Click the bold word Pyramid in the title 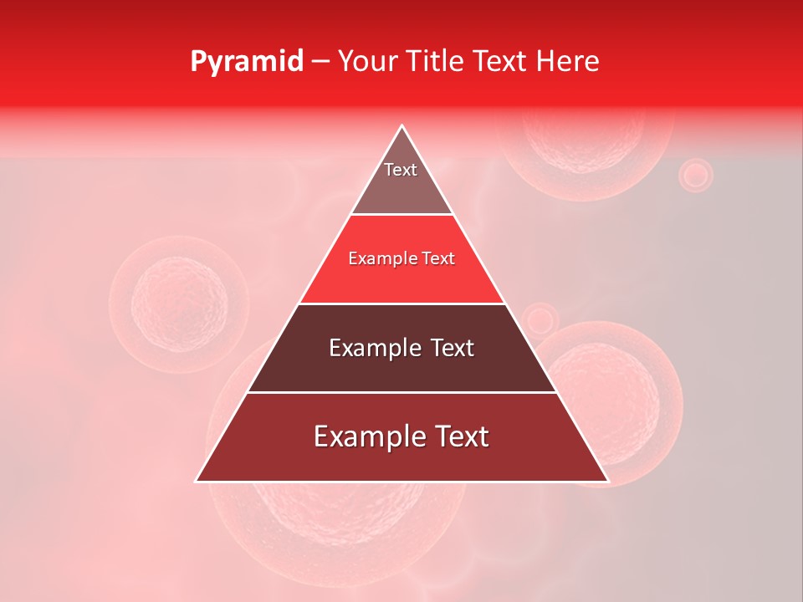click(x=246, y=62)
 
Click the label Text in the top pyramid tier click(x=401, y=170)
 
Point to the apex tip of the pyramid click(x=402, y=125)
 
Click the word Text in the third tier click(x=449, y=348)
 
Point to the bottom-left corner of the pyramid click(x=197, y=481)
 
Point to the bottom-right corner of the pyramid click(x=607, y=481)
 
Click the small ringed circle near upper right click(x=695, y=176)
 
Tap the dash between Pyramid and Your click(x=320, y=62)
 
